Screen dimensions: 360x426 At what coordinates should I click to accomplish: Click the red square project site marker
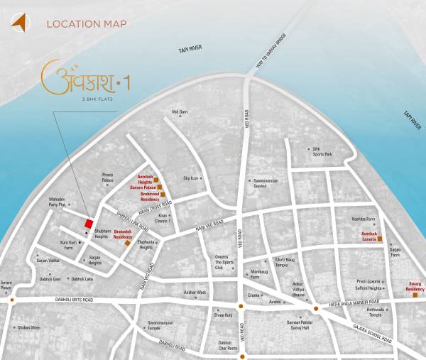click(89, 223)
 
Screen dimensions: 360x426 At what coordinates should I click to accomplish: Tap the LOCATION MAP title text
click(87, 24)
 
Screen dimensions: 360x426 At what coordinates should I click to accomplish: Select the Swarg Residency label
click(415, 286)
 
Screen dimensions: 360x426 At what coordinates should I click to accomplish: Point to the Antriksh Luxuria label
click(368, 236)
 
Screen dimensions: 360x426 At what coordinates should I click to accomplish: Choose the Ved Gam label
click(180, 111)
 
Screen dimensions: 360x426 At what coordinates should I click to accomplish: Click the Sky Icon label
click(190, 178)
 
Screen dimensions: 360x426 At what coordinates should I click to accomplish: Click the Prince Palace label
click(107, 178)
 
